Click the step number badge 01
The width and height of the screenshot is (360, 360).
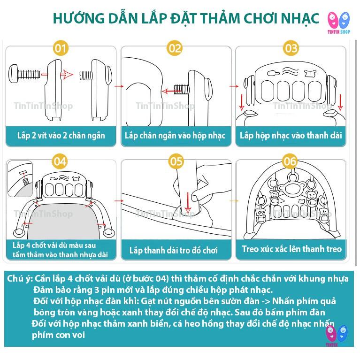[61, 48]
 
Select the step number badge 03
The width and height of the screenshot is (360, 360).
[291, 48]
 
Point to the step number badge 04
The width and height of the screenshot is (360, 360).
[61, 162]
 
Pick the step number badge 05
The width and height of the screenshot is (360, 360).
[176, 162]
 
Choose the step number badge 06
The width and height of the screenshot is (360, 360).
[291, 162]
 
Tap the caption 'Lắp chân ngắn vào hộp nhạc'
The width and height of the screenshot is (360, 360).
[175, 136]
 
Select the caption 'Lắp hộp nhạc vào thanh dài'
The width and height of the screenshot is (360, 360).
[291, 136]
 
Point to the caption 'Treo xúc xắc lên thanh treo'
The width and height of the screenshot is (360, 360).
[291, 249]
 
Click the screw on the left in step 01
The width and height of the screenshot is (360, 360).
[24, 74]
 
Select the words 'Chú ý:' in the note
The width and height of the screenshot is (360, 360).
[20, 279]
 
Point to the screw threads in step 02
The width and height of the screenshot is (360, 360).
[181, 87]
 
